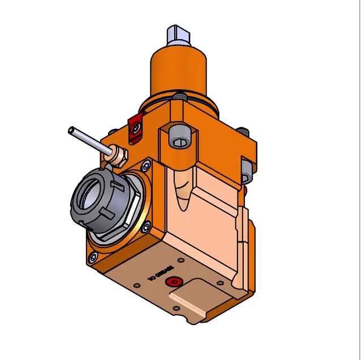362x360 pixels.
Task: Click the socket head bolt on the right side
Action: [x=246, y=171]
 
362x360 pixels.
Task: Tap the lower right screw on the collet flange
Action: [x=146, y=226]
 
